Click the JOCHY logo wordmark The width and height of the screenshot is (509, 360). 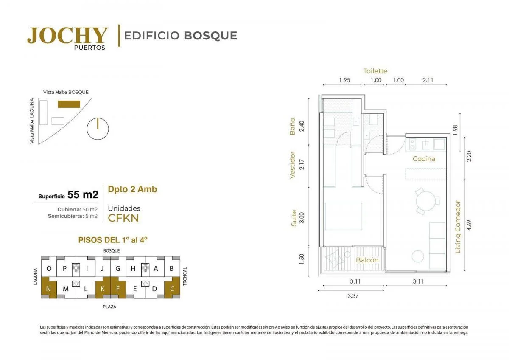pos(67,36)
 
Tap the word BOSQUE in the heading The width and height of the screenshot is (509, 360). pos(210,36)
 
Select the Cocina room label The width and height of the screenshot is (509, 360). pos(424,159)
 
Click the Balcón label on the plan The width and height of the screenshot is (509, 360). pos(367,260)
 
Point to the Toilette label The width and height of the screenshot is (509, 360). pos(375,71)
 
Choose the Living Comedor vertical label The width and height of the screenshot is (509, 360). pos(458,227)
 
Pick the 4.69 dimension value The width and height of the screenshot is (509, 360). pos(469,225)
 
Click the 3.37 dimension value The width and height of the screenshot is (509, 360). pos(353,296)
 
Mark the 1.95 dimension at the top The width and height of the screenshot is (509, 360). pos(344,80)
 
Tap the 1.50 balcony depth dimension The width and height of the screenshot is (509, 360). pos(301,259)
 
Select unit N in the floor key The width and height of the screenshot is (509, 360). pos(48,289)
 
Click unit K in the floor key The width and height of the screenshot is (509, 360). pos(103,289)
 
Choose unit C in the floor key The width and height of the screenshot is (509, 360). pos(172,289)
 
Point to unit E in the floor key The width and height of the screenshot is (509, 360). pos(135,289)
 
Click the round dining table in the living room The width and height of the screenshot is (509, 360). pos(426,201)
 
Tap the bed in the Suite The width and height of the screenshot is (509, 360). pos(343,216)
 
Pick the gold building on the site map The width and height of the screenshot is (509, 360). pos(69,104)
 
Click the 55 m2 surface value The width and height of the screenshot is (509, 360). pos(83,195)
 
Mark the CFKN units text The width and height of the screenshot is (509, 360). pos(123,218)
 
